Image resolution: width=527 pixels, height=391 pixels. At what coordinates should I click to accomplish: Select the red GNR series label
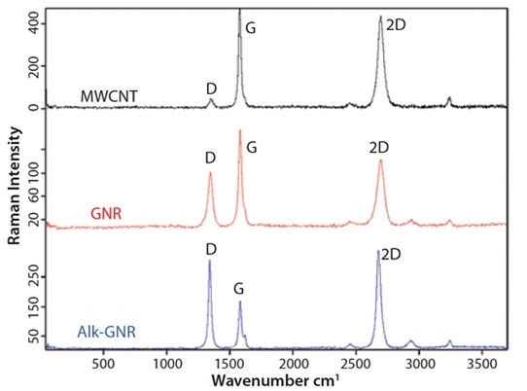click(x=106, y=212)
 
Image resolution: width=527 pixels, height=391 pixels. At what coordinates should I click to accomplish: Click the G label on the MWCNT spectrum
click(x=251, y=28)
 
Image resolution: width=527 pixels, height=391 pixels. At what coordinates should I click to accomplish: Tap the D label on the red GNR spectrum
click(x=210, y=158)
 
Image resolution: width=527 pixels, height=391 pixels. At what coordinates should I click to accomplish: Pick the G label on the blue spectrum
click(x=240, y=289)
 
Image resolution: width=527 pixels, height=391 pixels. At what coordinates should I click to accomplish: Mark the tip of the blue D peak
click(x=210, y=261)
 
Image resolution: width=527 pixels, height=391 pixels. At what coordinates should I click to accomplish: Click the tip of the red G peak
click(x=239, y=130)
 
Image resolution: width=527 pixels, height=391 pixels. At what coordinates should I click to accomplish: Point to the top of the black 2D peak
click(x=380, y=17)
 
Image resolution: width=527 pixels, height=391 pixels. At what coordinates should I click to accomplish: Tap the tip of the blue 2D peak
click(x=378, y=251)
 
